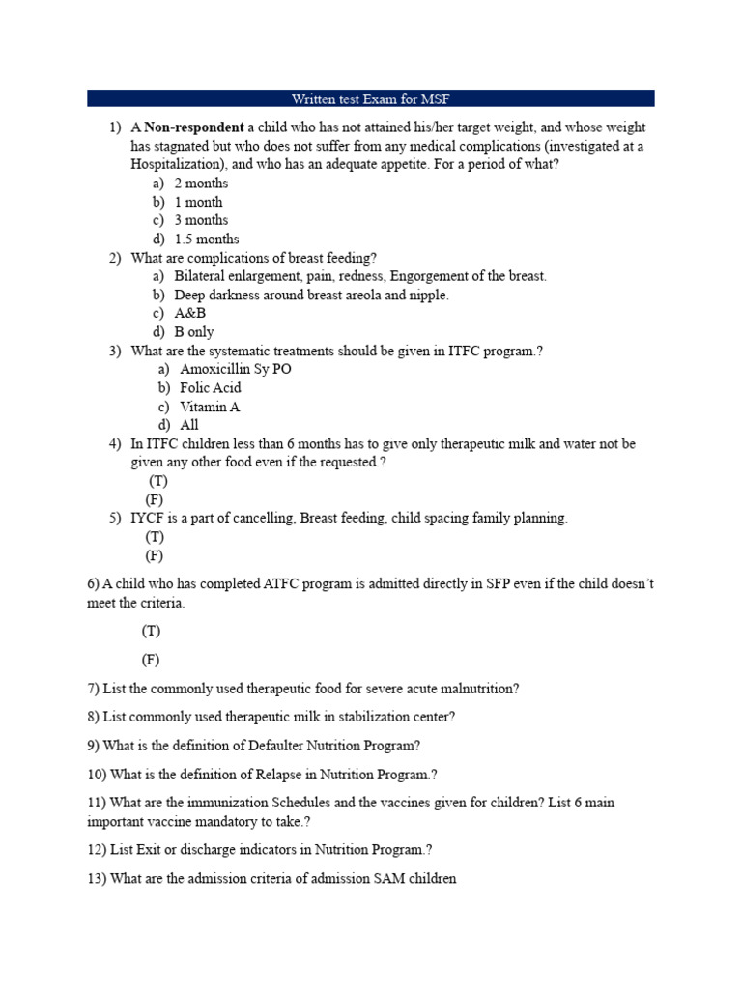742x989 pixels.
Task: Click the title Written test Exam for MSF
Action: point(371,99)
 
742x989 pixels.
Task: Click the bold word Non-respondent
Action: point(194,127)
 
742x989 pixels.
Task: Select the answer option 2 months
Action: point(201,184)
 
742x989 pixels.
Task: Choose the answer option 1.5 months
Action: point(207,239)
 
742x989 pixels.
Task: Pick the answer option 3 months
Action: point(201,220)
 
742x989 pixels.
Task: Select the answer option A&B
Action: point(190,314)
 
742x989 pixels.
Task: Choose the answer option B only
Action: point(194,332)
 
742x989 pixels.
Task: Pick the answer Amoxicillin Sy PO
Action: point(235,369)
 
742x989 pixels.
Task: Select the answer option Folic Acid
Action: point(211,388)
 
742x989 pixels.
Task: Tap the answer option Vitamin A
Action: point(210,407)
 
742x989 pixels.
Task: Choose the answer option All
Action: point(189,425)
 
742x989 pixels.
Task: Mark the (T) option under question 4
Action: point(157,481)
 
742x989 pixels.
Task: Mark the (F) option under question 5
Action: point(155,555)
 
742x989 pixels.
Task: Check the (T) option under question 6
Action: point(151,631)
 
